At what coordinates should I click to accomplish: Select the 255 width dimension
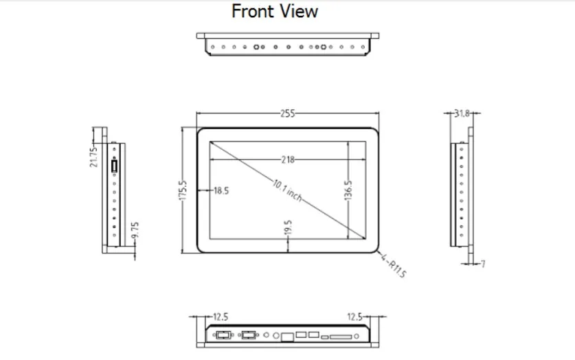point(287,114)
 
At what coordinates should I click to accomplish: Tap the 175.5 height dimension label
point(183,190)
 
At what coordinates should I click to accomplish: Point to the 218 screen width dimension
point(287,159)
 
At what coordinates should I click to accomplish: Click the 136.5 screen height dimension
point(348,190)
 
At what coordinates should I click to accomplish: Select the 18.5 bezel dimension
point(221,191)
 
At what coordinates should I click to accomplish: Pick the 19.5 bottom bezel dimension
point(288,227)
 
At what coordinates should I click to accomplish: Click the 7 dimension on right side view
point(483,264)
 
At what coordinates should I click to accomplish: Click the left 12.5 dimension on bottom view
point(221,317)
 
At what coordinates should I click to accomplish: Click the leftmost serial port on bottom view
point(223,336)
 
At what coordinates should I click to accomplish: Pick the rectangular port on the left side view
point(114,166)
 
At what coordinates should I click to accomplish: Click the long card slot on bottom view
point(340,337)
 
